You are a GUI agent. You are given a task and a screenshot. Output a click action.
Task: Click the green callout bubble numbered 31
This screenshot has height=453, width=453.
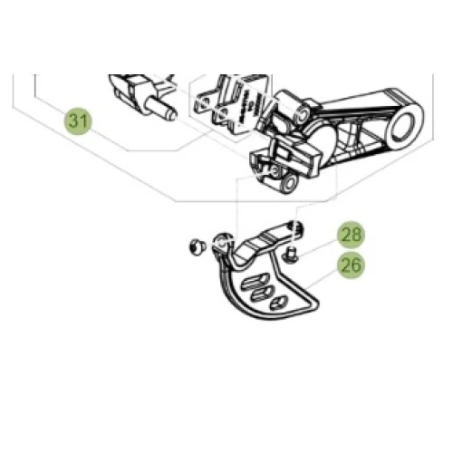pyautogui.click(x=78, y=121)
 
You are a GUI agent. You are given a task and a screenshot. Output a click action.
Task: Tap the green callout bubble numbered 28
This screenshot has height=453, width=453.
pyautogui.click(x=352, y=235)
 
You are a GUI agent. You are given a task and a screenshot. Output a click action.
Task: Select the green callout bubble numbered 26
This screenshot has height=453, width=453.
pyautogui.click(x=352, y=265)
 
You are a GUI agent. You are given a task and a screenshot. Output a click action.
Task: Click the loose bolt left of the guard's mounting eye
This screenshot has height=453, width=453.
pyautogui.click(x=198, y=247)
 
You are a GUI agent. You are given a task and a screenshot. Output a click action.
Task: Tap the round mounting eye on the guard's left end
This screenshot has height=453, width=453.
pyautogui.click(x=222, y=241)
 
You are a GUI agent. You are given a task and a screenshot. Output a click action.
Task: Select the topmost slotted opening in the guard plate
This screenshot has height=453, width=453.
pyautogui.click(x=254, y=281)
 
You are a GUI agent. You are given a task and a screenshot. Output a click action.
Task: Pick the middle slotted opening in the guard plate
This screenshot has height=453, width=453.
pyautogui.click(x=263, y=293)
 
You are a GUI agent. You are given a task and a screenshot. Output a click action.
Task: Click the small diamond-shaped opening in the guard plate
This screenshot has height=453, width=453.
pyautogui.click(x=278, y=303)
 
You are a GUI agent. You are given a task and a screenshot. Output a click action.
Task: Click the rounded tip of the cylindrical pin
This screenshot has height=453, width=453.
pyautogui.click(x=171, y=114)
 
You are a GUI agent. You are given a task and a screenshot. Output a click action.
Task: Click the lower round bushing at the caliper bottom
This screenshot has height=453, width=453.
pyautogui.click(x=291, y=183)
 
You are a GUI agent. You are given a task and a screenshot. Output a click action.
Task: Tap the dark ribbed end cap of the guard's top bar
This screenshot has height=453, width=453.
pyautogui.click(x=298, y=228)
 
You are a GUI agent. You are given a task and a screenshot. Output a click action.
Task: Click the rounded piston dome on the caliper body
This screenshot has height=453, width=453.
pyautogui.click(x=323, y=139)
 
